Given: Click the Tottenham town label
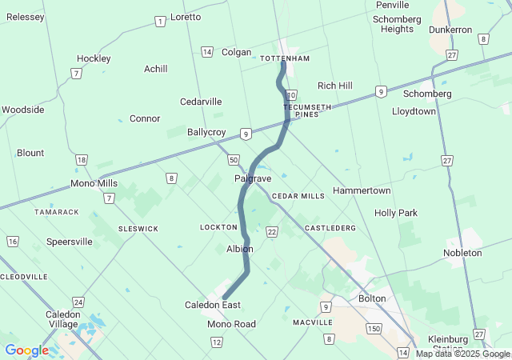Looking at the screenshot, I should point(285,58).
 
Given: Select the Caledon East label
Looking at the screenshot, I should point(213,305).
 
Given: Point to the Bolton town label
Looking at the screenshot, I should point(372,298).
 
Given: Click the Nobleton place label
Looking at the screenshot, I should point(462,253).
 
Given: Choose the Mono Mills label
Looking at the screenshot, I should point(94,183).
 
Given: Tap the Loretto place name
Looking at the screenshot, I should point(186,17).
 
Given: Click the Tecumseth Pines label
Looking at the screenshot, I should point(301,110).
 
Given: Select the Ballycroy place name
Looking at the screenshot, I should point(206,132).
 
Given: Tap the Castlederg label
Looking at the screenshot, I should point(330,229).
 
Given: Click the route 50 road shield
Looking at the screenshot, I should point(232,160).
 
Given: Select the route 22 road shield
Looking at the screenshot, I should point(272,232).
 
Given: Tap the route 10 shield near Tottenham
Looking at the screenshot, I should point(292,94).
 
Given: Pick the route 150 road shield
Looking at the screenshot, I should point(373,329).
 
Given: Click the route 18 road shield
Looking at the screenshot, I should point(82,160).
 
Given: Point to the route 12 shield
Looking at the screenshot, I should point(217,342).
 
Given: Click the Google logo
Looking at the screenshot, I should point(26,350).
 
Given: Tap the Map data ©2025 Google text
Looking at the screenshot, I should point(462,354).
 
